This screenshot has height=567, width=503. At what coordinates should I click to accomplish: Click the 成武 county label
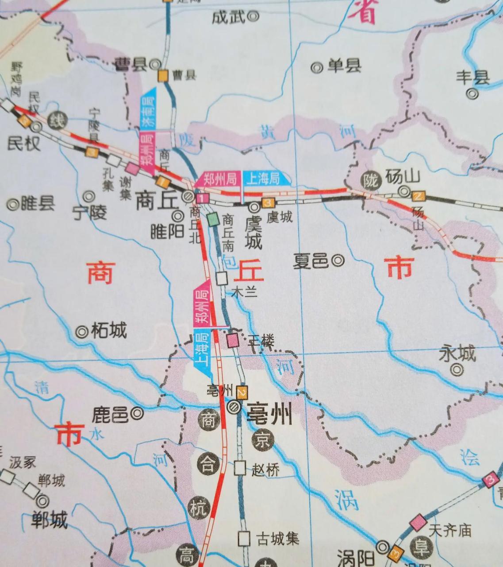228,17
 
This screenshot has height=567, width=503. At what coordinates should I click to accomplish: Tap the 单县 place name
344,66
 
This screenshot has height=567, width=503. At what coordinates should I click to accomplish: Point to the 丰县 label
473,78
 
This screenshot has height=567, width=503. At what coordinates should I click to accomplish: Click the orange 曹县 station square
164,76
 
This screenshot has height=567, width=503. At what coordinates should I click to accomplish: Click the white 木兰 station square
222,278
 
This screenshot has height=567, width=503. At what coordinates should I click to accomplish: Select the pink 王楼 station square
233,340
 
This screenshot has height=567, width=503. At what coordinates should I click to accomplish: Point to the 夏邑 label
311,261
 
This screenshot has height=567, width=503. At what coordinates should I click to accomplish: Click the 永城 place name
457,353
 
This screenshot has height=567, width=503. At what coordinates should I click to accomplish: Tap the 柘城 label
109,330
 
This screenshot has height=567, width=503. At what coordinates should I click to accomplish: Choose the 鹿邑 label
110,415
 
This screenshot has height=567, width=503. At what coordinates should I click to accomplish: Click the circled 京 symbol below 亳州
264,440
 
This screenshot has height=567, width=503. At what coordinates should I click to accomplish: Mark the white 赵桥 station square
240,468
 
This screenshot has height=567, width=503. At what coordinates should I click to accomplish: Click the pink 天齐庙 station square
418,523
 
